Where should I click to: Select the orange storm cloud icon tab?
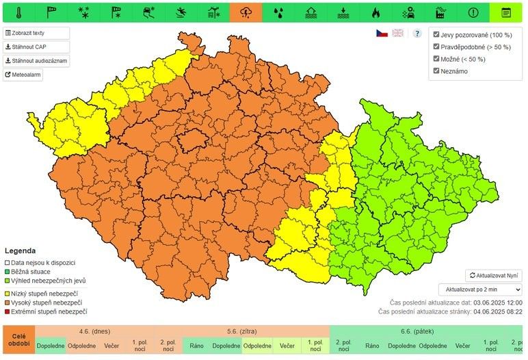[245, 12]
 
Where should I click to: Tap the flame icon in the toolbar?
[375, 12]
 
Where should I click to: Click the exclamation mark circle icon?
[473, 12]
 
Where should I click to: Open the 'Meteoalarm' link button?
[23, 75]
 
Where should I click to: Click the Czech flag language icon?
[382, 33]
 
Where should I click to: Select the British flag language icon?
[397, 33]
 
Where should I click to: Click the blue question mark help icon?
[417, 33]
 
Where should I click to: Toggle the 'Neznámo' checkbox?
[436, 71]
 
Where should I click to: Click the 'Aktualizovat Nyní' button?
[493, 275]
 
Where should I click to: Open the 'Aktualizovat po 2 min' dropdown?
[479, 290]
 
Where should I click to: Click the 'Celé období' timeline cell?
[18, 340]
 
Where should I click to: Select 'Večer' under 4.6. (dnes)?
[111, 346]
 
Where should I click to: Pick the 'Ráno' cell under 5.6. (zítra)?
[197, 346]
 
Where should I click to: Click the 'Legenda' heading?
[20, 250]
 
